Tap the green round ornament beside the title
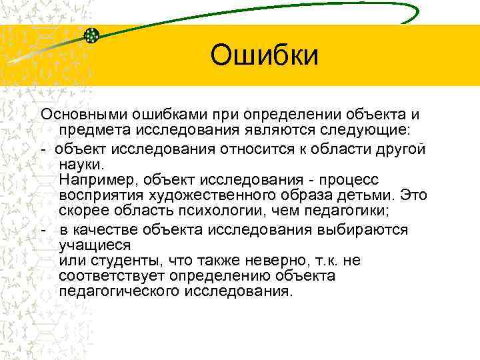coord(92,35)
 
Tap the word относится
coord(259,148)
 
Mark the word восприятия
coord(99,196)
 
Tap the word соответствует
coord(111,275)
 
